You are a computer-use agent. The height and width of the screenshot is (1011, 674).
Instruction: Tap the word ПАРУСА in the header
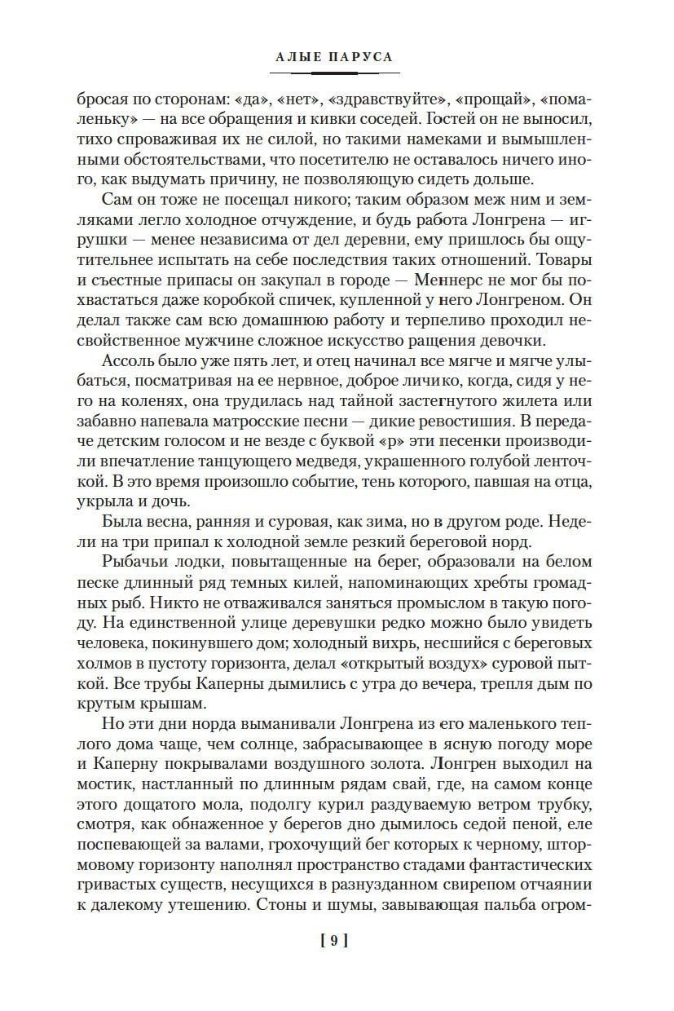[363, 57]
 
